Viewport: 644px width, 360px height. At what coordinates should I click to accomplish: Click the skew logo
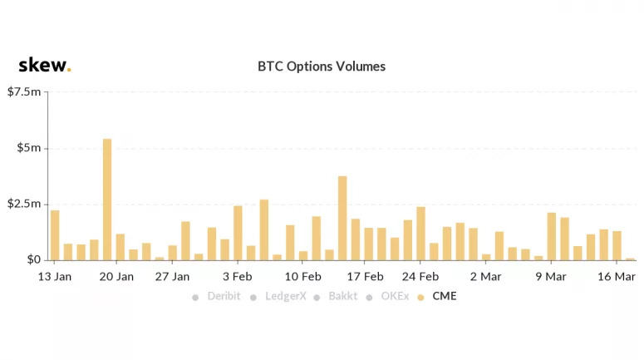[x=45, y=65]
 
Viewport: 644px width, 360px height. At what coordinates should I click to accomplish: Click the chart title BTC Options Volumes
[x=322, y=67]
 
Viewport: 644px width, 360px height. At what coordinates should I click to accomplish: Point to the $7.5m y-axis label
[x=24, y=91]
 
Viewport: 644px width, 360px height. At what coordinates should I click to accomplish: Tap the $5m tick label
[x=29, y=147]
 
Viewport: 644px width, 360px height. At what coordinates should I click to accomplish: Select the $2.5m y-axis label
[x=24, y=204]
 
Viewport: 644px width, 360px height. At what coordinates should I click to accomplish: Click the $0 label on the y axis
[x=34, y=259]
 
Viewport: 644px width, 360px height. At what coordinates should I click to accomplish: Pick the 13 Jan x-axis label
[x=55, y=277]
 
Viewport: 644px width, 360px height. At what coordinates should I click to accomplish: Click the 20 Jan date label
[x=116, y=277]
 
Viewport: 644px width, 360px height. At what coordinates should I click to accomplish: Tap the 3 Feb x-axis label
[x=238, y=277]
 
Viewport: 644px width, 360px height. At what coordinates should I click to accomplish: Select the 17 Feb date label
[x=365, y=277]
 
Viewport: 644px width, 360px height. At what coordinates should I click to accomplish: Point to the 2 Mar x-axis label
[x=486, y=277]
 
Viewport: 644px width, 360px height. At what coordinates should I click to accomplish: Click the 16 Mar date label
[x=617, y=277]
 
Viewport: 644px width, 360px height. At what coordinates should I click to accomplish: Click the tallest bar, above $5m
[x=107, y=200]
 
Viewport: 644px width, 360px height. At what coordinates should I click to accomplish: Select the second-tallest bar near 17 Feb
[x=342, y=218]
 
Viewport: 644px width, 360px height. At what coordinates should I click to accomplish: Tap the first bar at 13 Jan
[x=55, y=235]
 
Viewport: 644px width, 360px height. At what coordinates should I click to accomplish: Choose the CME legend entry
[x=437, y=296]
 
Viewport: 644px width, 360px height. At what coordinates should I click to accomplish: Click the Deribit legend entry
[x=216, y=296]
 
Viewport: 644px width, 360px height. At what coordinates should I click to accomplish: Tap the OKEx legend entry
[x=388, y=296]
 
